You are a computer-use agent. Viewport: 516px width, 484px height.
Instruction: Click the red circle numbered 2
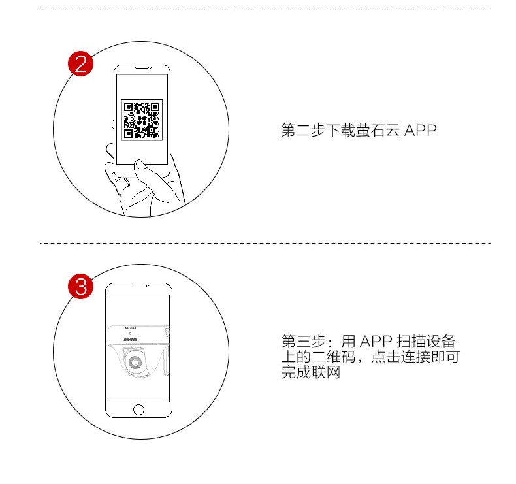(x=80, y=64)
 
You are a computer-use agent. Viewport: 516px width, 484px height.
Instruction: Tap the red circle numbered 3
(x=80, y=286)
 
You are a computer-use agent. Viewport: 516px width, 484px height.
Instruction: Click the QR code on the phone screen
(x=142, y=120)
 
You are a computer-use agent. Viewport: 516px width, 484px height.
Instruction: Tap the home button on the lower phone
(x=138, y=410)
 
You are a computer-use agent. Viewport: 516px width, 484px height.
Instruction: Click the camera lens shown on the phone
(x=135, y=363)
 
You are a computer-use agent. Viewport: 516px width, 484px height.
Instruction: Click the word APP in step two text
(x=420, y=130)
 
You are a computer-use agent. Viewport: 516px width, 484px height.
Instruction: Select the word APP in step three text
(x=376, y=341)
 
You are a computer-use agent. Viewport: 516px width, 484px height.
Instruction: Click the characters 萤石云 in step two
(x=378, y=130)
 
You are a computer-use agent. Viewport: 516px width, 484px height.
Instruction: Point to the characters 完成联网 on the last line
(x=311, y=372)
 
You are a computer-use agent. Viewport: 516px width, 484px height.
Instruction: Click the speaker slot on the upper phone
(x=142, y=67)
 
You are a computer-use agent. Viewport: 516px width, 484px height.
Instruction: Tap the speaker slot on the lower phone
(x=138, y=286)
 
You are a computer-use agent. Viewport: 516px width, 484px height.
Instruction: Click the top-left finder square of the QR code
(x=128, y=106)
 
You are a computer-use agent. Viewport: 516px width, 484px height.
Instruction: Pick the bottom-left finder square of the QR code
(x=128, y=133)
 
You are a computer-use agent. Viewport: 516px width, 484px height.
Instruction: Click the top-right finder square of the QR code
(x=155, y=106)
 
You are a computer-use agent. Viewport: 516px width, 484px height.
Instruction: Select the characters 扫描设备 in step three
(x=426, y=341)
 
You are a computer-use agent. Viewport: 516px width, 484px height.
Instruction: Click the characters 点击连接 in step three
(x=400, y=357)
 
